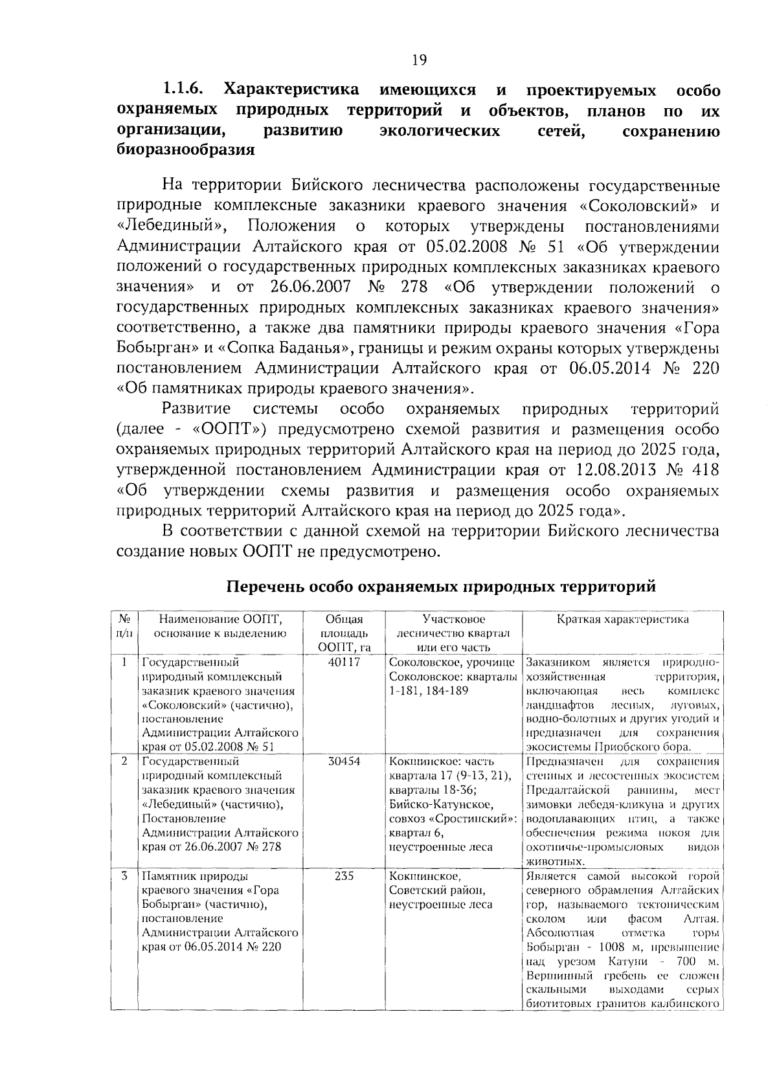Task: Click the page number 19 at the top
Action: pyautogui.click(x=419, y=60)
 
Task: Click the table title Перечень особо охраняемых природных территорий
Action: pyautogui.click(x=441, y=587)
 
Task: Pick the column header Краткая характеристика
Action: pyautogui.click(x=623, y=620)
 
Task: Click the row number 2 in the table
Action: pyautogui.click(x=124, y=761)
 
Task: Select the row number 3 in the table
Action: pyautogui.click(x=124, y=876)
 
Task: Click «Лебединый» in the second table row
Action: pyautogui.click(x=176, y=805)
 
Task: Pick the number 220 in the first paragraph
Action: pyautogui.click(x=706, y=368)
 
